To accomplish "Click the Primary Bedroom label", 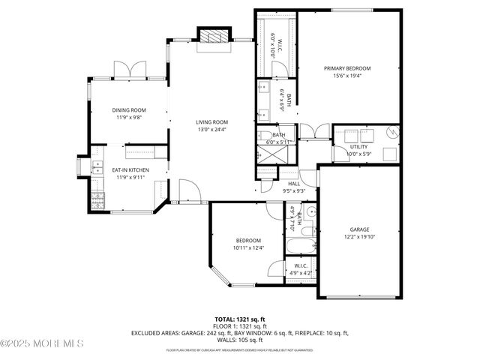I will point(347,68).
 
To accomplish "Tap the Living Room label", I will point(212,122).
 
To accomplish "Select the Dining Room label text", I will point(128,110).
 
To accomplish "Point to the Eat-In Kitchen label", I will point(130,171).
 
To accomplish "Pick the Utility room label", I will point(358,147).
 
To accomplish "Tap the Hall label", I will point(294,184).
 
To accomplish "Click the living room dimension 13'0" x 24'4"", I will point(212,130).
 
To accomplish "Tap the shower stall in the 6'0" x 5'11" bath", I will point(269,154).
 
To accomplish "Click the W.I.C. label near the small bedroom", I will point(300,265).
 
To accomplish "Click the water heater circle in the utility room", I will point(391,133).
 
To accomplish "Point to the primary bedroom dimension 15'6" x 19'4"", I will point(347,76).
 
